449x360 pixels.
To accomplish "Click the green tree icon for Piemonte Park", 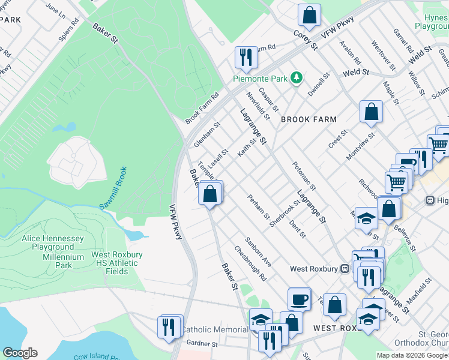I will pyautogui.click(x=295, y=77).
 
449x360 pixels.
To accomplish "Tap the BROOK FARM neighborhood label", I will pyautogui.click(x=308, y=119).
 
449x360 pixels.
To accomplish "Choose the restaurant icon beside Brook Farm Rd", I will pyautogui.click(x=246, y=58).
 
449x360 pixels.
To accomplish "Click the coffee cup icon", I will pyautogui.click(x=299, y=299).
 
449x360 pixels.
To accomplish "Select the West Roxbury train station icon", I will pyautogui.click(x=345, y=269).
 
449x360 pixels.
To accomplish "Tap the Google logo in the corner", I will pyautogui.click(x=20, y=353).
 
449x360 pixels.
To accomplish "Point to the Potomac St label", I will pyautogui.click(x=304, y=176).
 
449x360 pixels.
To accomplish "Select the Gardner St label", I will pyautogui.click(x=202, y=344).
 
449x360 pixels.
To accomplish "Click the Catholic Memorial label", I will pyautogui.click(x=214, y=329).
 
